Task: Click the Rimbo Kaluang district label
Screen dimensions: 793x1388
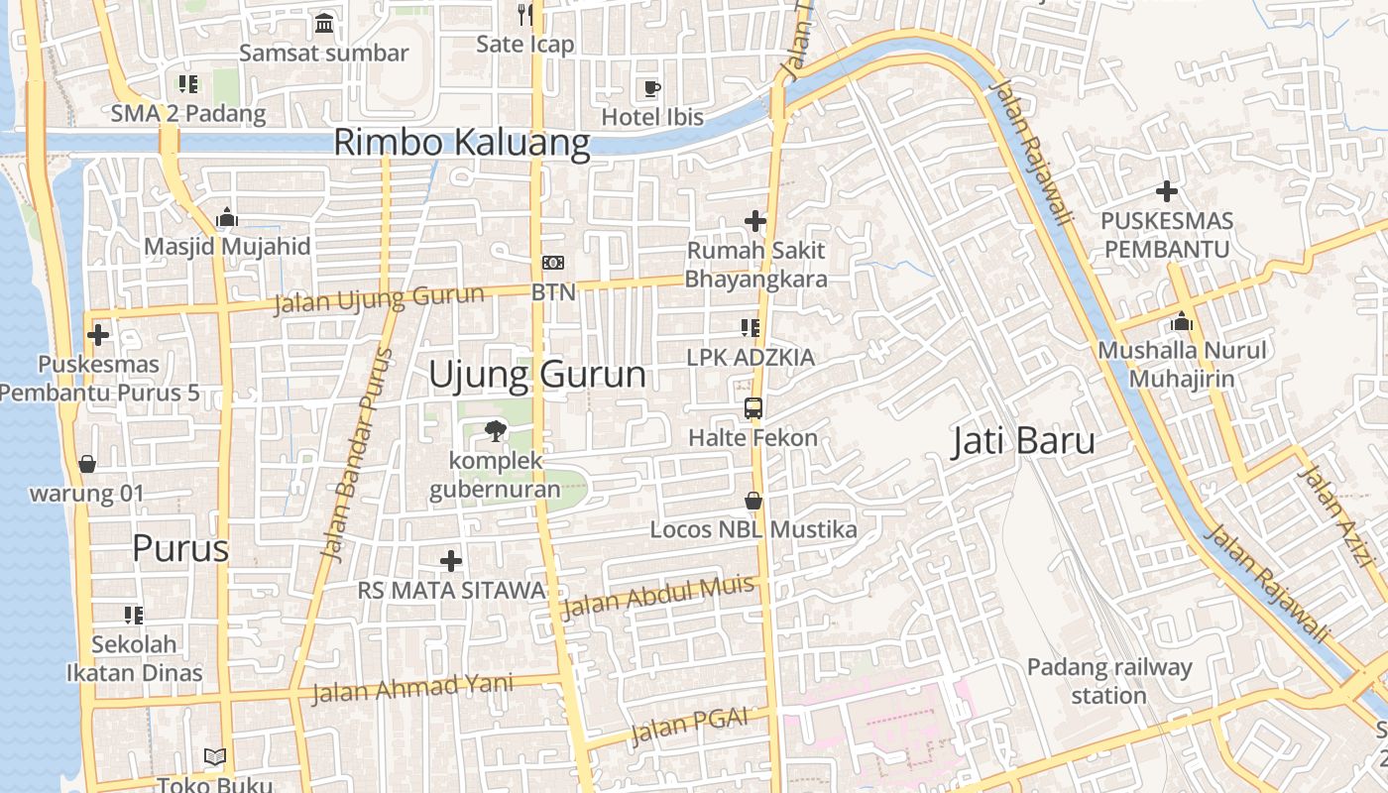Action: (461, 142)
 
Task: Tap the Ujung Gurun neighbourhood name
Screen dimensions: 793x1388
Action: (537, 375)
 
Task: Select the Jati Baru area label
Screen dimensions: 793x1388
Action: (1023, 441)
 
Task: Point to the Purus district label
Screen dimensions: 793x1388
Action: (180, 548)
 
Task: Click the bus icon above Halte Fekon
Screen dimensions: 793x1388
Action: (753, 407)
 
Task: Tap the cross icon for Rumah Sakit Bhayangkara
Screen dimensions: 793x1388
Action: (755, 221)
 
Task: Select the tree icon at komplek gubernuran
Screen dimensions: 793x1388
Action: (494, 431)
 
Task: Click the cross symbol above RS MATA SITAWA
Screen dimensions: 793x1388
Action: (451, 561)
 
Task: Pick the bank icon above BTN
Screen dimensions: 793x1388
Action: (553, 263)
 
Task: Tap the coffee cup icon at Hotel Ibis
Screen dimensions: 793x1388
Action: (651, 88)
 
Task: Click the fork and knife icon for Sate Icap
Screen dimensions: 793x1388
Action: (525, 14)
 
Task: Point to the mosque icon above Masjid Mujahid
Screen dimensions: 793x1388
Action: (227, 217)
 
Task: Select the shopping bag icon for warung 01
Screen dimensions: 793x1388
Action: (87, 463)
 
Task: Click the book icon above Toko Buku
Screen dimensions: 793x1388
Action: (215, 756)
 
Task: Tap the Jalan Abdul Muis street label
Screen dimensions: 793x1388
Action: (656, 597)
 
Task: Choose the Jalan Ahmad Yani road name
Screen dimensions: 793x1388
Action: (412, 687)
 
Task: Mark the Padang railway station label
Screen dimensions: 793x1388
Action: (1108, 681)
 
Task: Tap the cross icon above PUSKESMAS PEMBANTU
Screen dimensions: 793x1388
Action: (1167, 190)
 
